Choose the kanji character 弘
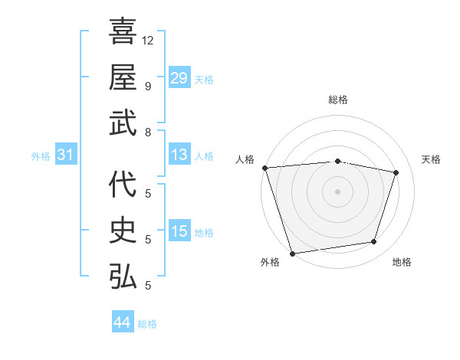click(x=123, y=277)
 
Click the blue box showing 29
click(x=179, y=78)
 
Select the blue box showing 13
click(x=179, y=155)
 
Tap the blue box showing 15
click(x=179, y=231)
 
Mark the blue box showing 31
click(x=65, y=155)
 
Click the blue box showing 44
click(x=122, y=322)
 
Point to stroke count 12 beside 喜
click(x=148, y=39)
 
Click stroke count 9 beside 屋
click(x=147, y=85)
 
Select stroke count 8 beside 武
click(x=147, y=132)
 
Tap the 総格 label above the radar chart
click(x=337, y=100)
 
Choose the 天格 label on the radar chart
click(x=432, y=159)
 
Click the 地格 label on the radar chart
click(x=402, y=262)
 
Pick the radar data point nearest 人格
click(x=264, y=168)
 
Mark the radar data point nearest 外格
click(x=292, y=253)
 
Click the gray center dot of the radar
click(x=337, y=191)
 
